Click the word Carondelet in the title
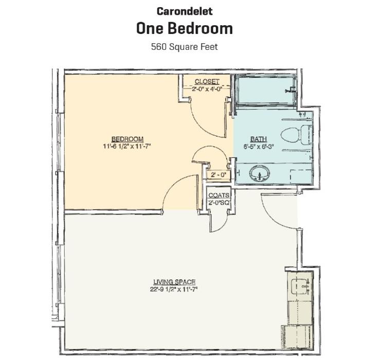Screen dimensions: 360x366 click(184, 11)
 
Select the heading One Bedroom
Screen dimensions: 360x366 click(184, 28)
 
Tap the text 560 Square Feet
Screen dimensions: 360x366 click(184, 47)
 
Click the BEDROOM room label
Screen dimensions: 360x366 click(127, 139)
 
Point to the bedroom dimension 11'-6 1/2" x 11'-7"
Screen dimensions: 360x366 click(127, 146)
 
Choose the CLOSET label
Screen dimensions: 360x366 click(207, 82)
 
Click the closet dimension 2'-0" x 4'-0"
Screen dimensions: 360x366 click(207, 88)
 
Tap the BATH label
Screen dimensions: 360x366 click(258, 139)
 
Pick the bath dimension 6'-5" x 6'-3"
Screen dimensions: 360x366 click(258, 146)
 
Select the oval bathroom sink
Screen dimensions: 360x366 click(260, 174)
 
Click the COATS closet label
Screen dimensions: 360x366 click(218, 196)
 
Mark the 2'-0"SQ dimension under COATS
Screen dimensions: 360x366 click(218, 203)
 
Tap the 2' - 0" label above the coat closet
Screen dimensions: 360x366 click(217, 175)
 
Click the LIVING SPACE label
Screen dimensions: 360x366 click(174, 282)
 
